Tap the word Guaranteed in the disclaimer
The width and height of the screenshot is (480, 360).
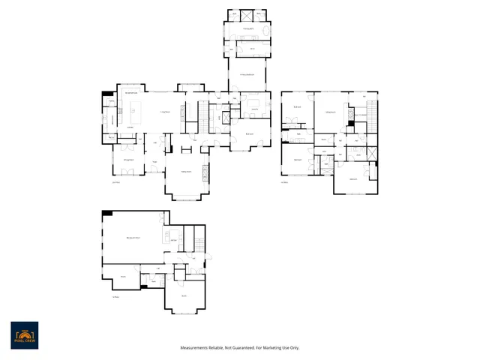click(x=239, y=347)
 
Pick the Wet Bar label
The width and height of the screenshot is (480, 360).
click(x=173, y=240)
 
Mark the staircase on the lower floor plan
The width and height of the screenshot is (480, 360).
click(x=199, y=239)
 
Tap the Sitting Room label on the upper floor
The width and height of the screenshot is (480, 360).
click(x=328, y=112)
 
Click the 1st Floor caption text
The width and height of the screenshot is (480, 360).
click(x=115, y=181)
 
